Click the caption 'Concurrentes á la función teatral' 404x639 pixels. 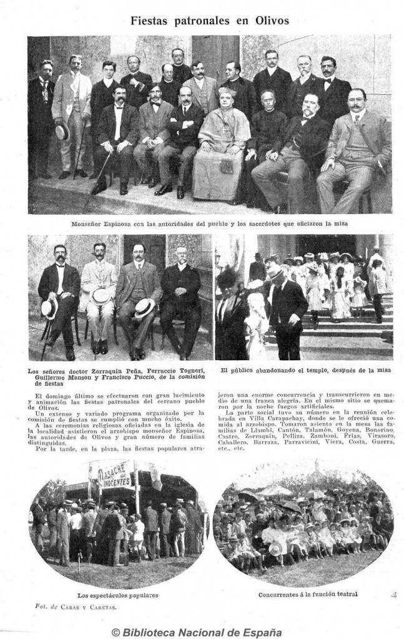pyautogui.click(x=308, y=594)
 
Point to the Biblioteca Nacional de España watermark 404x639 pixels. pyautogui.click(x=202, y=632)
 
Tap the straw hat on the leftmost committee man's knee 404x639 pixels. pyautogui.click(x=49, y=308)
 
